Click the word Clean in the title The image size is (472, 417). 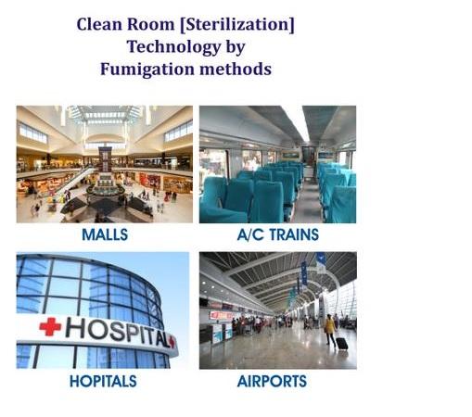click(x=99, y=24)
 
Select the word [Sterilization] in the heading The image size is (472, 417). click(x=237, y=24)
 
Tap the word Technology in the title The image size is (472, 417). click(x=173, y=47)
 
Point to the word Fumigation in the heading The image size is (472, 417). click(x=147, y=69)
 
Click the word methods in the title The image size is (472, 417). click(x=236, y=69)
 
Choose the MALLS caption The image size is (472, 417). click(x=105, y=234)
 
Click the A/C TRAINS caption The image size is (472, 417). click(x=278, y=234)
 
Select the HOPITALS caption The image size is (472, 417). click(x=103, y=381)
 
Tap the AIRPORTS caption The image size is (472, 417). click(x=272, y=381)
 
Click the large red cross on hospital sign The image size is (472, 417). click(x=50, y=326)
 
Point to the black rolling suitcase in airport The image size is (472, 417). click(x=341, y=344)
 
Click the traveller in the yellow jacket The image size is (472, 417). click(x=329, y=329)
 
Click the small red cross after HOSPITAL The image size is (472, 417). click(x=172, y=342)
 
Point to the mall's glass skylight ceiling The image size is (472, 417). click(x=105, y=114)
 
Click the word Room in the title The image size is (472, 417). click(x=151, y=24)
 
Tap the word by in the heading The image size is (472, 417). click(x=236, y=47)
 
